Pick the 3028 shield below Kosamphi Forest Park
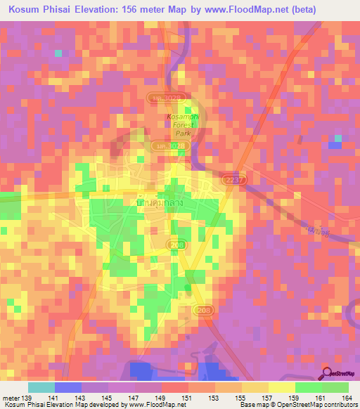[x=160, y=145]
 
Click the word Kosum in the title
[x=25, y=10]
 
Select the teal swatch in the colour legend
[x=41, y=387]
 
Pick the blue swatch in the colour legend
[x=68, y=387]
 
